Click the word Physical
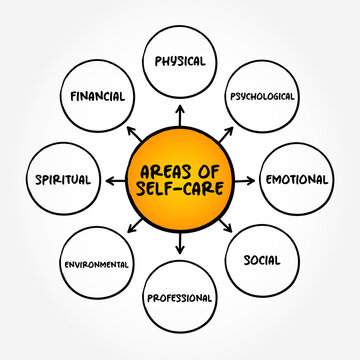pyautogui.click(x=179, y=61)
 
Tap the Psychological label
pyautogui.click(x=263, y=97)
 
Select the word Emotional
pyautogui.click(x=295, y=180)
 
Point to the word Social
pyautogui.click(x=262, y=261)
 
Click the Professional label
pyautogui.click(x=179, y=297)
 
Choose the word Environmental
pyautogui.click(x=96, y=264)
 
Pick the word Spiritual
pyautogui.click(x=62, y=180)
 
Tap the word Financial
pyautogui.click(x=98, y=97)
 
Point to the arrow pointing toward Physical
pyautogui.click(x=180, y=114)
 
